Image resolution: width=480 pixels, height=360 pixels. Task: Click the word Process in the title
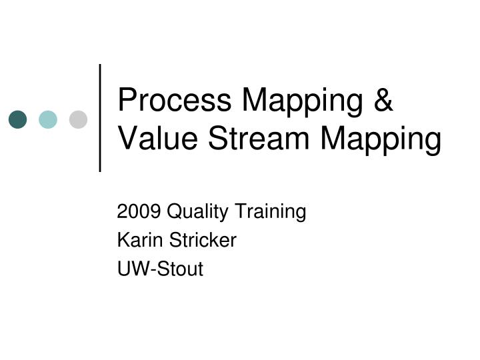[x=175, y=101]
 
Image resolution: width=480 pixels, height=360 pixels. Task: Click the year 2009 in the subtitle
[x=139, y=212]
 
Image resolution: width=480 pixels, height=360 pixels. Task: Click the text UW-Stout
[x=160, y=269]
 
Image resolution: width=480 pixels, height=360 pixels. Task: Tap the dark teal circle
[x=18, y=119]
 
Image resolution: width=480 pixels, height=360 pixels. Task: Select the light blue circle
[x=48, y=119]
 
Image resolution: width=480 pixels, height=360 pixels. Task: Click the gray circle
[x=78, y=119]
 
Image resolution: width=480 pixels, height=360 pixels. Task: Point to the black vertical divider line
[x=100, y=118]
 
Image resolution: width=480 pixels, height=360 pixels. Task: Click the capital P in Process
[x=126, y=101]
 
